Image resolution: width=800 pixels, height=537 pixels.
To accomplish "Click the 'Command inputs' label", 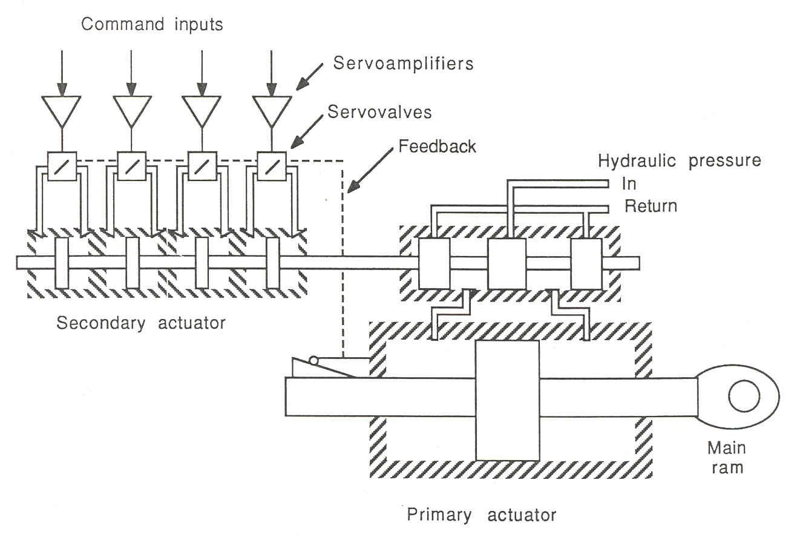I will [x=152, y=25].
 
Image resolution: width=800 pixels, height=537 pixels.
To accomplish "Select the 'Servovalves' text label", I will [x=379, y=111].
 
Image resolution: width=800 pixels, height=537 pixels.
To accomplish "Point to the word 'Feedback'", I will [x=437, y=146].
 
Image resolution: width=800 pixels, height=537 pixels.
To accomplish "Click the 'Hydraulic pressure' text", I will [x=679, y=161].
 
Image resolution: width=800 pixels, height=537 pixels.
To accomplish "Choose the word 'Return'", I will [x=651, y=206].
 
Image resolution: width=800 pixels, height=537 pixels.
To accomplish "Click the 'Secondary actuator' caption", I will [x=140, y=323].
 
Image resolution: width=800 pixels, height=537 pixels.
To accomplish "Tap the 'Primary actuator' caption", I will [x=481, y=515].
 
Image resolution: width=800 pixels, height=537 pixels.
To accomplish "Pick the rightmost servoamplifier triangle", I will [x=272, y=110].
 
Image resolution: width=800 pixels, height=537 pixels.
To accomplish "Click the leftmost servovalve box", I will [x=62, y=166].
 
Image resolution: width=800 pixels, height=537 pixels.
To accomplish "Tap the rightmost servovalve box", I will [x=272, y=166].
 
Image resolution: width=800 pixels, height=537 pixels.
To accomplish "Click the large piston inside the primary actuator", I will [x=507, y=400].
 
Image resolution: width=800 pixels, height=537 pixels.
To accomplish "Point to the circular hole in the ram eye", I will [x=744, y=397].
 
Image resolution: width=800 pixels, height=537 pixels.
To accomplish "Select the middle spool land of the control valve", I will [x=507, y=263].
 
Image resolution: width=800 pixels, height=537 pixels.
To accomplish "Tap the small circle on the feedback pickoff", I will [x=313, y=361].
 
